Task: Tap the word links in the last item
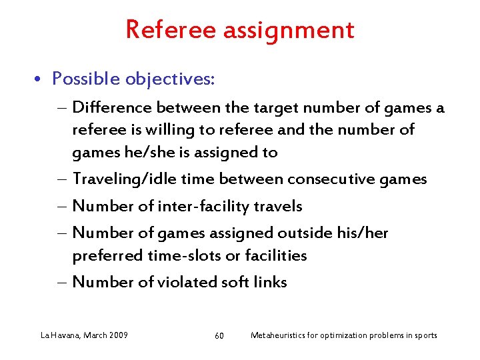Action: coord(270,282)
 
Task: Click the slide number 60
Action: coord(219,335)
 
